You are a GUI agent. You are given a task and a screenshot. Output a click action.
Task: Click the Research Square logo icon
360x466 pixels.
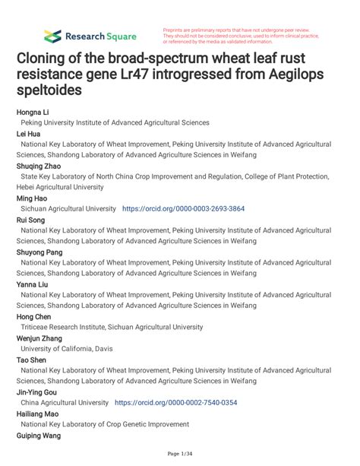pyautogui.click(x=52, y=36)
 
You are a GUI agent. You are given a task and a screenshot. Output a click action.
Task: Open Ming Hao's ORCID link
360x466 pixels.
pyautogui.click(x=183, y=208)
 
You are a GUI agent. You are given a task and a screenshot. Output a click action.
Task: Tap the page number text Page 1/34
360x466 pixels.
pyautogui.click(x=179, y=454)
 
